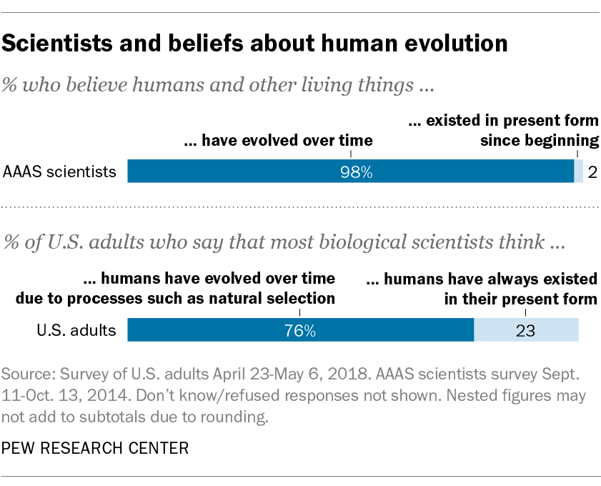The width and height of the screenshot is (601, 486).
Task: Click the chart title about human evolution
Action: (x=255, y=44)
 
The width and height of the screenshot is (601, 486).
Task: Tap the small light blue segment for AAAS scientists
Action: (x=579, y=172)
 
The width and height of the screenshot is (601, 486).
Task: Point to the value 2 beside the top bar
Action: (x=592, y=172)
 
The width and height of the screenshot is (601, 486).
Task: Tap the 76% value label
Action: (x=299, y=331)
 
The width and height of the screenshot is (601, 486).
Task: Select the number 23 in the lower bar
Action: (x=525, y=331)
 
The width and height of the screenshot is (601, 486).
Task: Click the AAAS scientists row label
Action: (x=60, y=172)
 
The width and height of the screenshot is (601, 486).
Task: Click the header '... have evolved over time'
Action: (x=278, y=141)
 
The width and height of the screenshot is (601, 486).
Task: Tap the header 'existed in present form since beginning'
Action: (x=503, y=131)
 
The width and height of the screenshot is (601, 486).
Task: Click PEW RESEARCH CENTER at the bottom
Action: (x=96, y=448)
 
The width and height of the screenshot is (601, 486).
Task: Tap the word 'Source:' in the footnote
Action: (x=26, y=375)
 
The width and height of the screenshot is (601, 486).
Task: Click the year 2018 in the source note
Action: (x=328, y=375)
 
